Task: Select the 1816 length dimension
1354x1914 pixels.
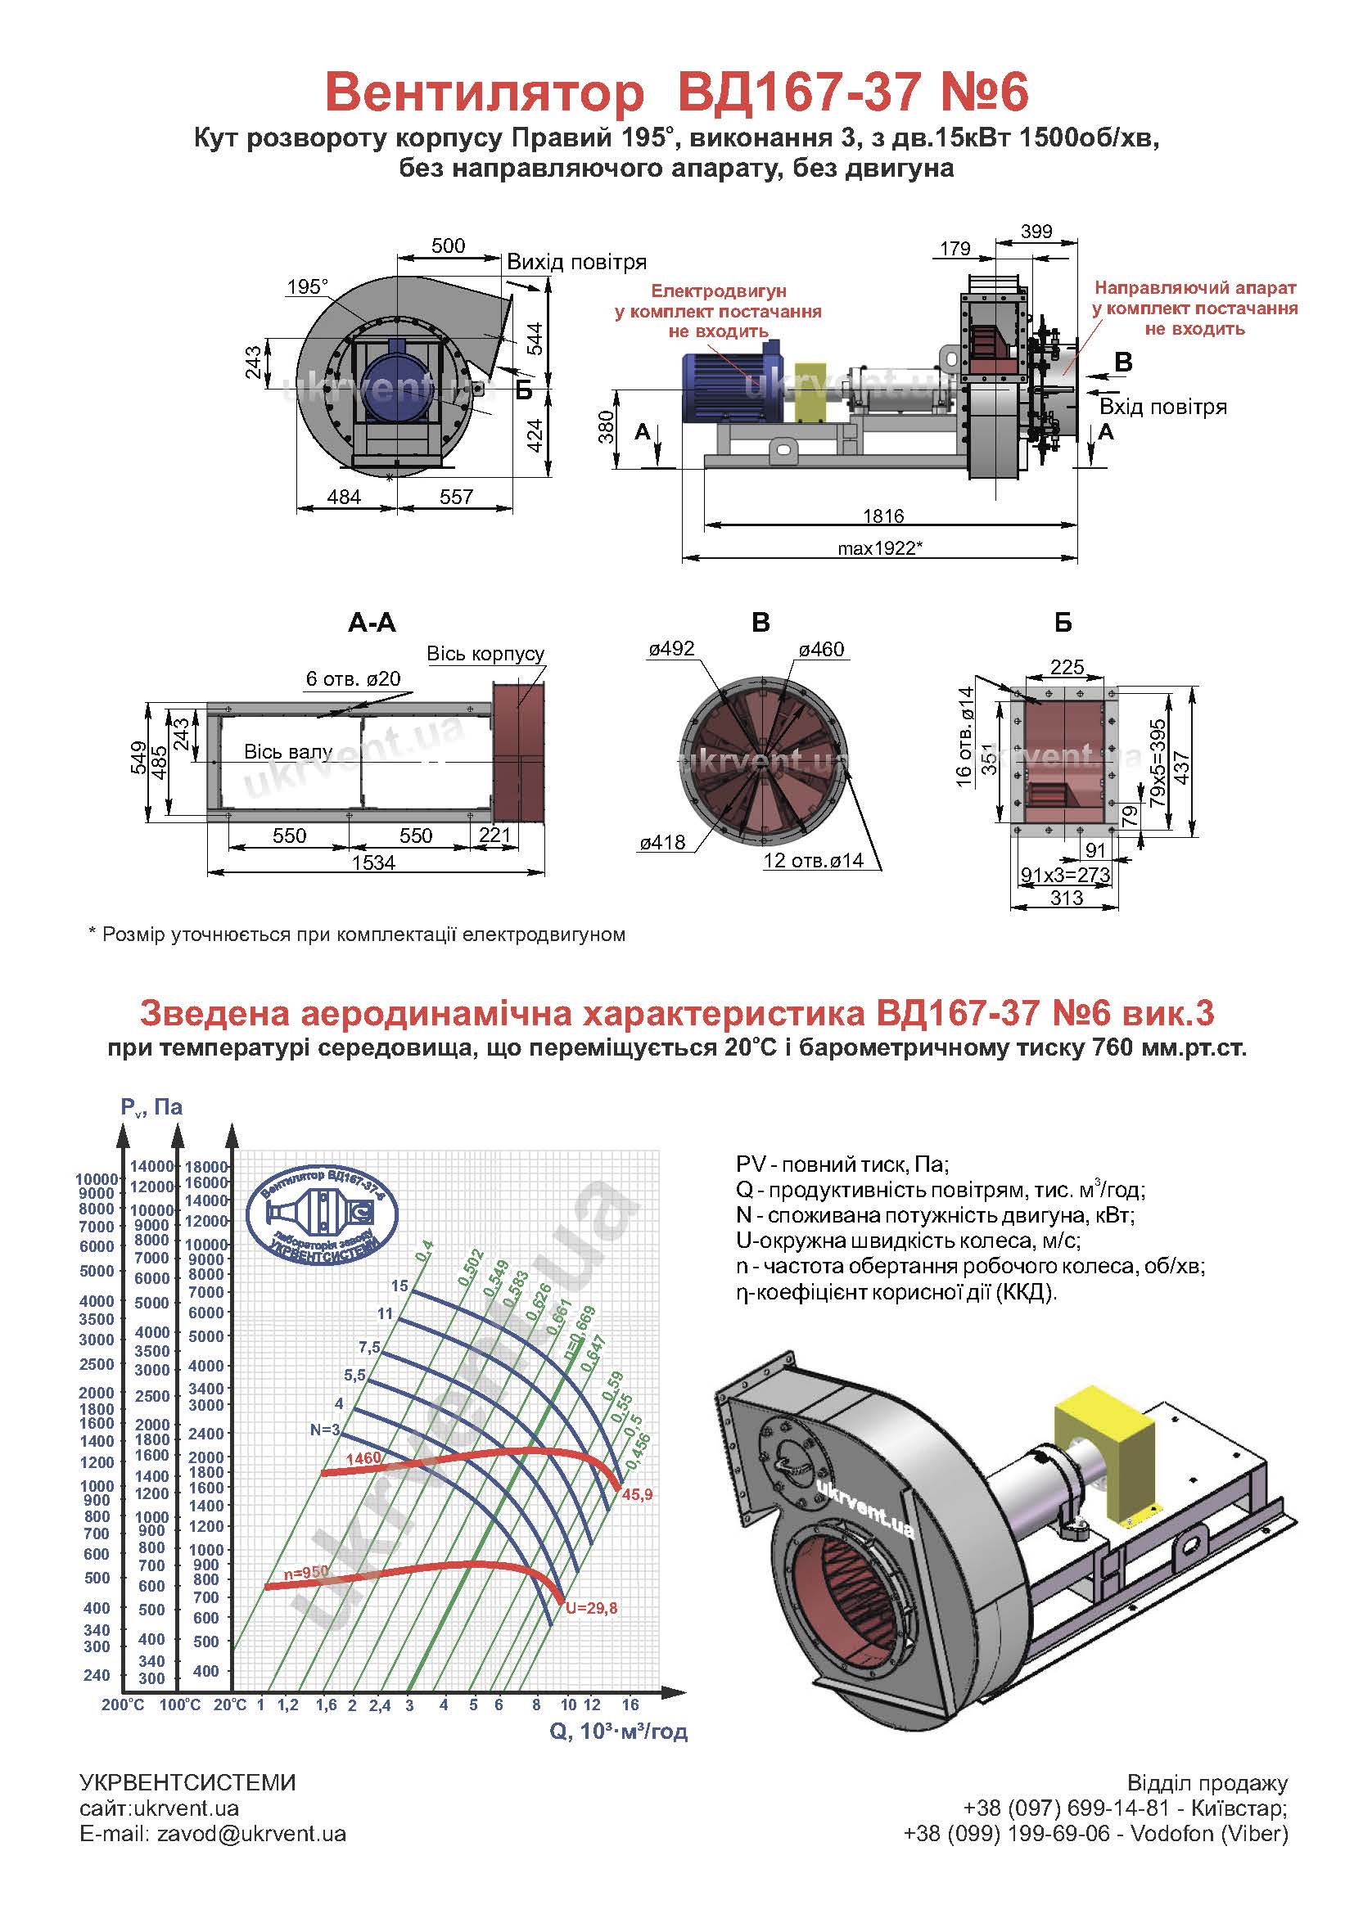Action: coord(883,516)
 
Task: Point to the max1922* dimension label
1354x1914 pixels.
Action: coord(881,548)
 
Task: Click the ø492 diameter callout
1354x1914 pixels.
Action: coord(671,649)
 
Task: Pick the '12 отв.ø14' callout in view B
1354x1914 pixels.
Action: coord(814,860)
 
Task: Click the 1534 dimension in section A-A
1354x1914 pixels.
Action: coord(372,862)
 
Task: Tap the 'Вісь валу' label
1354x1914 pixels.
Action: coord(287,752)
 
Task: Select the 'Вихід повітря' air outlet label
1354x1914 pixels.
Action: coord(577,263)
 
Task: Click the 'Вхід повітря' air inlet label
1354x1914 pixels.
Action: coord(1163,407)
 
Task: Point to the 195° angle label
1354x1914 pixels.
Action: coord(308,287)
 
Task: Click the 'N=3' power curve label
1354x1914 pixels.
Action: coord(325,1430)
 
